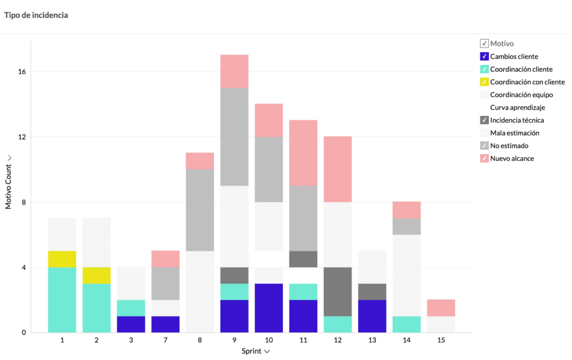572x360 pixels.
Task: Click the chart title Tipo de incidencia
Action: tap(36, 15)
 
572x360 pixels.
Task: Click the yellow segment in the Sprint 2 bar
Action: tap(97, 276)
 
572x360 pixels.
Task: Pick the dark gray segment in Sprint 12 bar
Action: tap(338, 292)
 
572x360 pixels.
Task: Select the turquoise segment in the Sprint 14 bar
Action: tap(407, 324)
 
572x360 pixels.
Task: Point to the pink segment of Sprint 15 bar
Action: tap(441, 308)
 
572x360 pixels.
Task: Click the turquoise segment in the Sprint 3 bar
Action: tap(131, 308)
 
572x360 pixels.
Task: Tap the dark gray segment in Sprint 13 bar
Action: tap(373, 292)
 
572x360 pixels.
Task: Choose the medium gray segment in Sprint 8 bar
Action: tap(200, 210)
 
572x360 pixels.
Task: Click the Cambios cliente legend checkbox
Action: tap(484, 56)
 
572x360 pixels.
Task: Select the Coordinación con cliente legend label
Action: tap(527, 82)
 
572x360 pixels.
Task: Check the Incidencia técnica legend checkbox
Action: tap(484, 120)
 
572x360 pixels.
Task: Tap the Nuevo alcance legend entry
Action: tap(512, 159)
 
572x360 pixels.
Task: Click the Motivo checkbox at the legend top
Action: tap(484, 43)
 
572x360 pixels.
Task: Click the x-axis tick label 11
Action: tap(303, 340)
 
